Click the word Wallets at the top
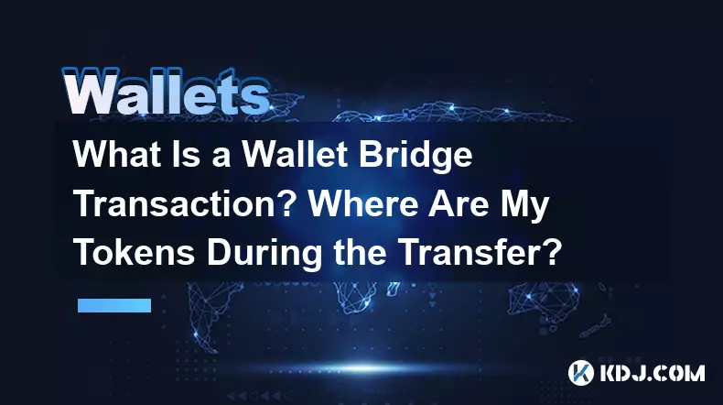166,92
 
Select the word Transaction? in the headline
185,203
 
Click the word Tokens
134,253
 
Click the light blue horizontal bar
114,305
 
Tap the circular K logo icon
581,373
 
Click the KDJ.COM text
652,373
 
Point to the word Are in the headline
459,203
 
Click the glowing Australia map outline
545,301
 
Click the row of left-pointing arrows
259,396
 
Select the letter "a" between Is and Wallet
221,158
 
